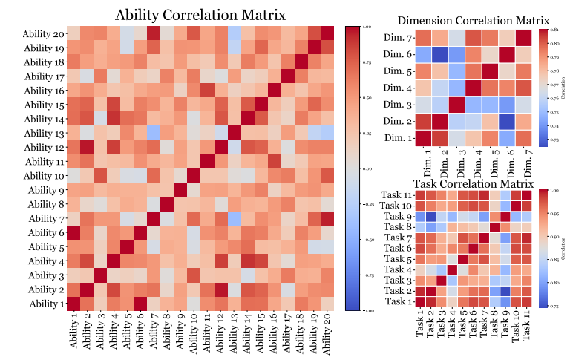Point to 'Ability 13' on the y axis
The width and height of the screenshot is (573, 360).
coord(45,134)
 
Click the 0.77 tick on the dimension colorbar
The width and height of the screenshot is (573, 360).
coord(550,85)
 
